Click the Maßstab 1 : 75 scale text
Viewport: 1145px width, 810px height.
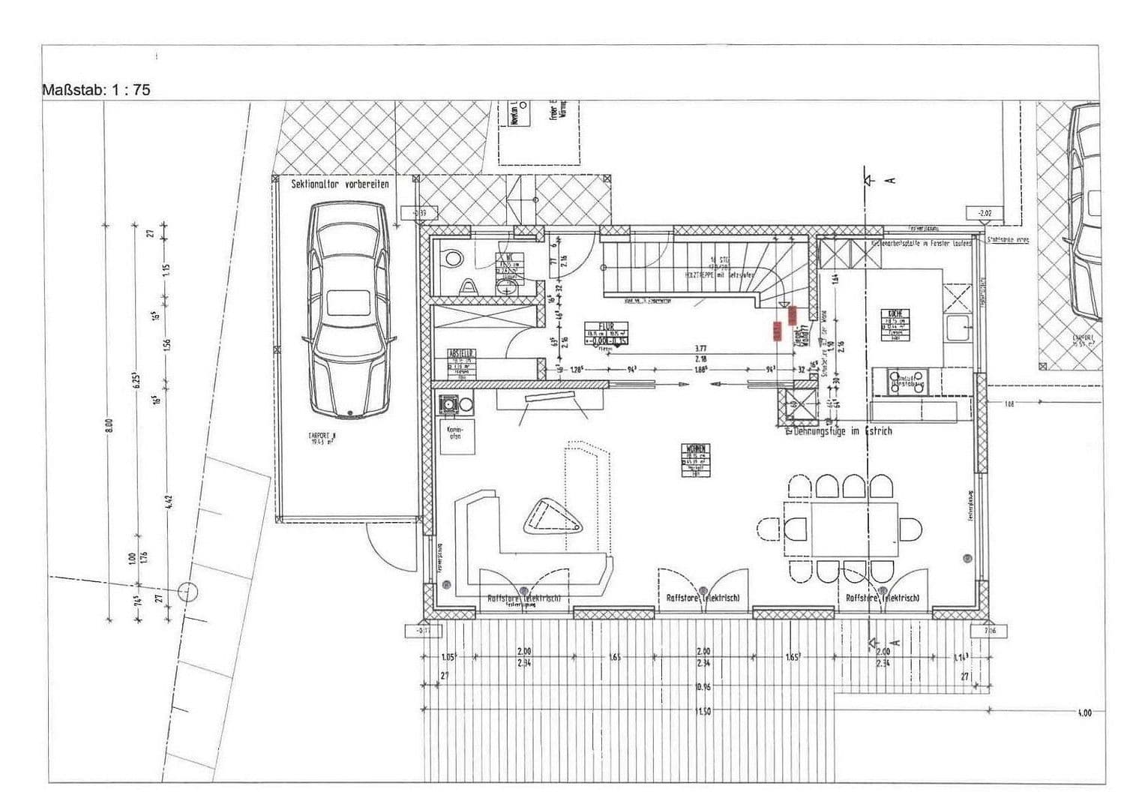tap(97, 89)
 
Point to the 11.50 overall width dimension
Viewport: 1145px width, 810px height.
tap(703, 712)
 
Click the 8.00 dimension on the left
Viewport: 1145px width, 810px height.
tap(109, 425)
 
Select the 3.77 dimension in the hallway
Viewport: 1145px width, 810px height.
tap(700, 348)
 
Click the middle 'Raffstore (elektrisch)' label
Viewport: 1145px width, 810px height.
tap(703, 598)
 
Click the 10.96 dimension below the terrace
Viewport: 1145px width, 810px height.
tap(703, 687)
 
